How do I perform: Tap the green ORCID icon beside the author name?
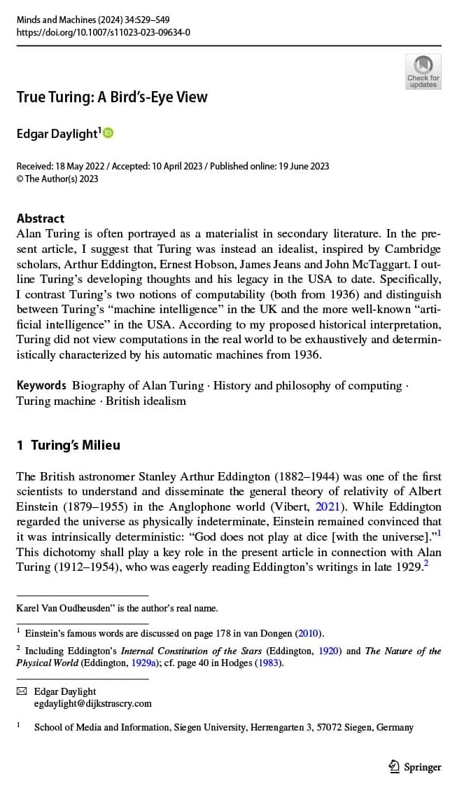(108, 132)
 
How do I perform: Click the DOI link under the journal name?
(103, 32)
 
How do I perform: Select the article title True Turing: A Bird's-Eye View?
(112, 97)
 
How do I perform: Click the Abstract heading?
(41, 218)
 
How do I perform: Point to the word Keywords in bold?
(41, 385)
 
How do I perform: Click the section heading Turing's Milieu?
(76, 445)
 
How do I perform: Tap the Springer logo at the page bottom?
(415, 766)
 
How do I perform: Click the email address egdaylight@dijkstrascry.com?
(92, 703)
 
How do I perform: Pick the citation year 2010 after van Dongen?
(308, 633)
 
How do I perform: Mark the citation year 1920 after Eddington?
(329, 651)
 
